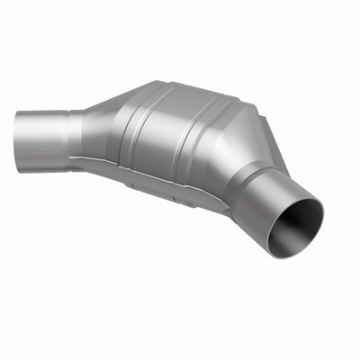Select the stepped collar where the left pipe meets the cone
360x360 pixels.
point(77,135)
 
